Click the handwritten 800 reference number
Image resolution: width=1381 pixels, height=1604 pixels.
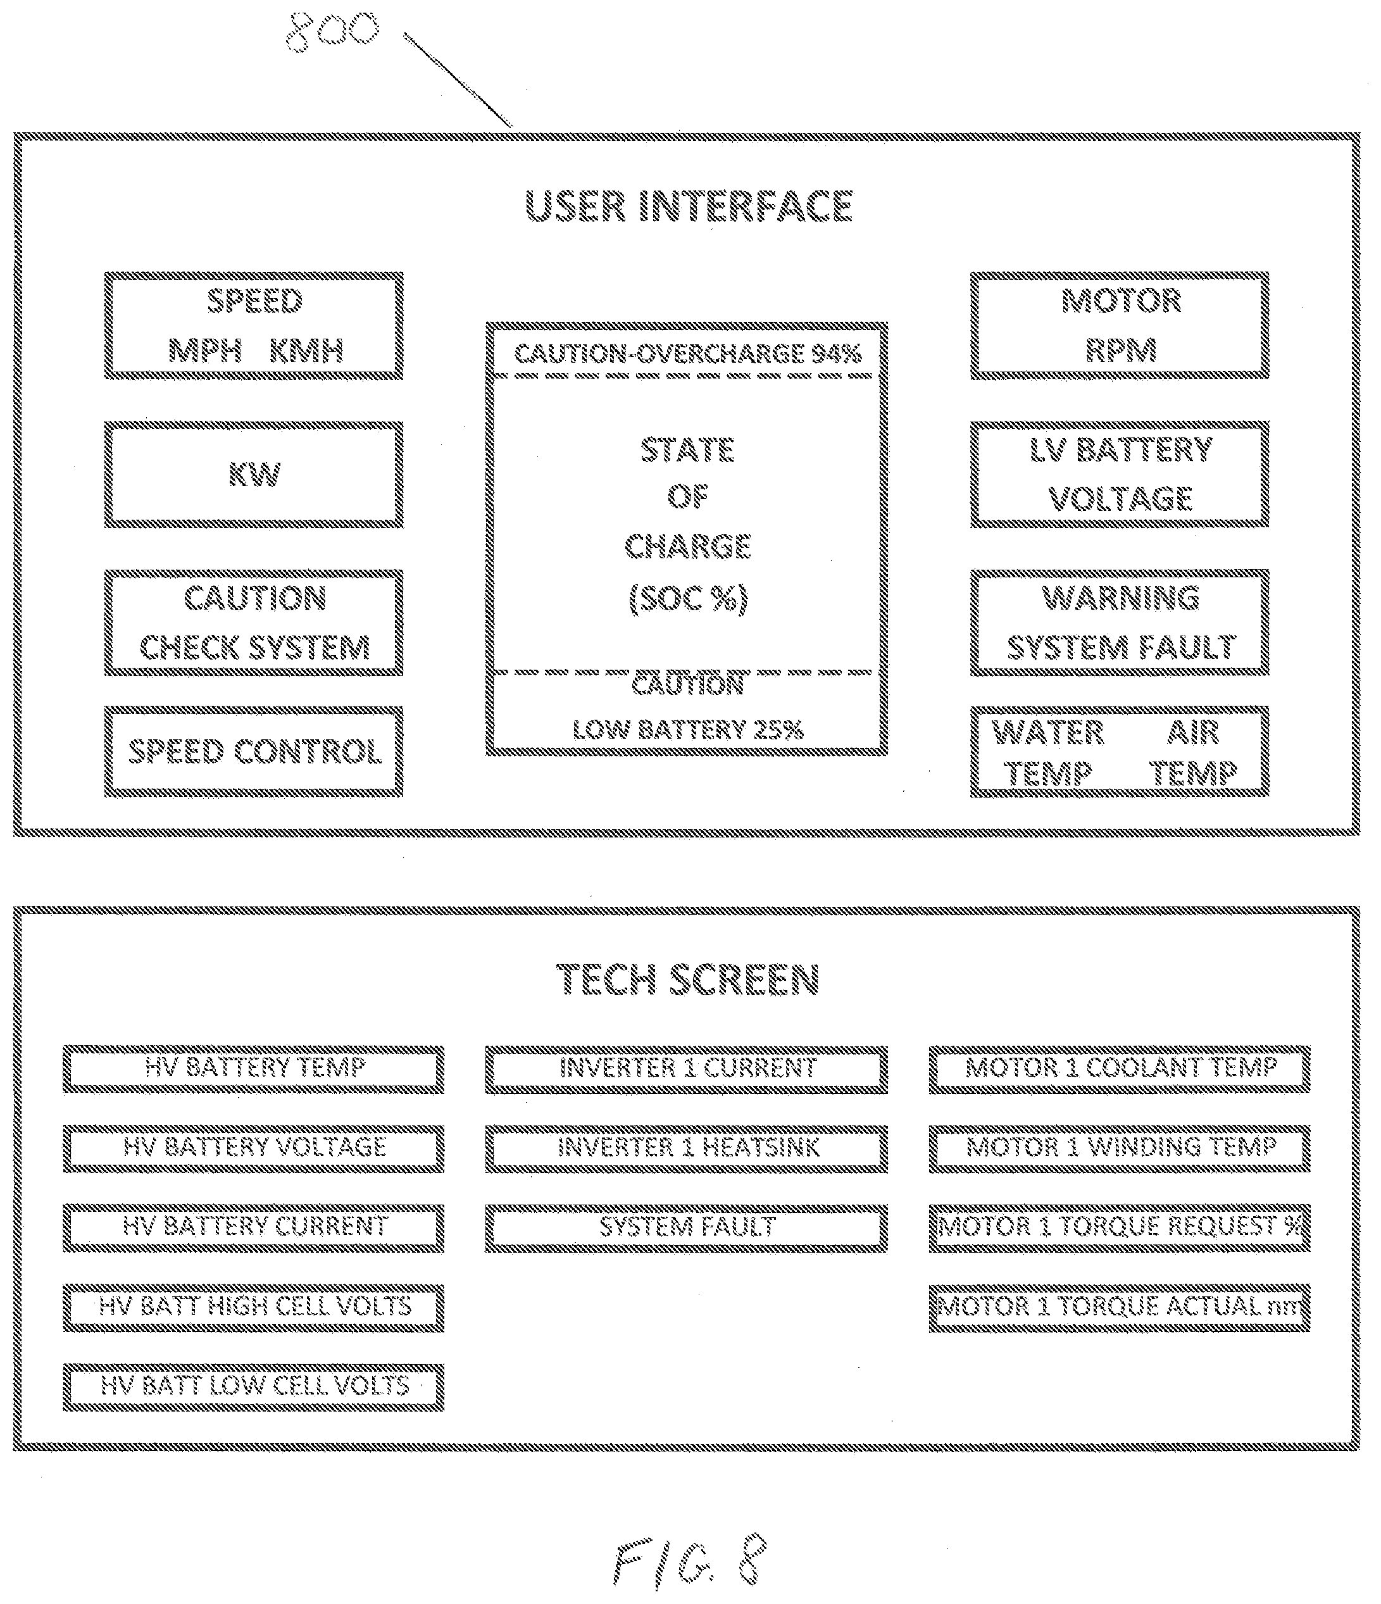[x=334, y=32]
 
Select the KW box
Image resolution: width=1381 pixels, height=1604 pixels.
[x=254, y=475]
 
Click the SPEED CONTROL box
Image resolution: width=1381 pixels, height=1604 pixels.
[x=254, y=751]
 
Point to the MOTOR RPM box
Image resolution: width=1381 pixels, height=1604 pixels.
[x=1120, y=325]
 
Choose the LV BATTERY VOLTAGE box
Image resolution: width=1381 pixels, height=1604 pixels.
[x=1120, y=475]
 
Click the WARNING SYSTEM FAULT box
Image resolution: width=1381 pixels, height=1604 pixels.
[x=1120, y=623]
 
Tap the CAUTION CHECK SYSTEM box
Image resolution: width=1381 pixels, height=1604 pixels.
[x=254, y=623]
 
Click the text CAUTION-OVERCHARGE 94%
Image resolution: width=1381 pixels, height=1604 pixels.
[x=687, y=354]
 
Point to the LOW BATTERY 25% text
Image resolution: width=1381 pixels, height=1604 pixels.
[x=687, y=729]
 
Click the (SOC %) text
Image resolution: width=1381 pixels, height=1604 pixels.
[x=687, y=598]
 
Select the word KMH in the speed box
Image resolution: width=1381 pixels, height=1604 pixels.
[x=306, y=351]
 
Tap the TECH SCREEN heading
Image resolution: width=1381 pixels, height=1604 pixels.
[x=687, y=979]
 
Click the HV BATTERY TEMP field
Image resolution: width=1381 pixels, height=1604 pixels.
[x=254, y=1069]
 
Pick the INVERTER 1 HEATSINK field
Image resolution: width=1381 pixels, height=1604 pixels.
[x=687, y=1148]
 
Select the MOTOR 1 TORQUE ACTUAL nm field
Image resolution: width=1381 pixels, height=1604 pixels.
[x=1120, y=1308]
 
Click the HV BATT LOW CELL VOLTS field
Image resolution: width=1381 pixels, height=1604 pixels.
[x=254, y=1388]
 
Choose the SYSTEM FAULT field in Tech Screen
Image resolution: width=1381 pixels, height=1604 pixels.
[x=687, y=1228]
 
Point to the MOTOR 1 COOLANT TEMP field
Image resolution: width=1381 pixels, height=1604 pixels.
[x=1120, y=1069]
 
